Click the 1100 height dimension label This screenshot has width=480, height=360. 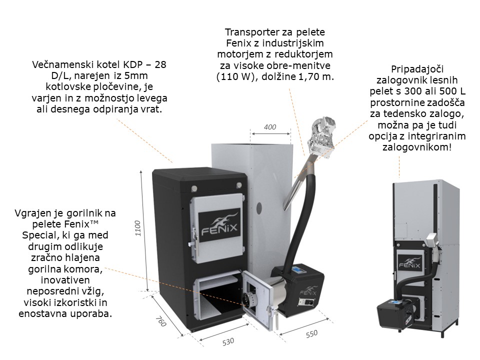[x=138, y=228]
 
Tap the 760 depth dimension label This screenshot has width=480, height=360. [x=160, y=321]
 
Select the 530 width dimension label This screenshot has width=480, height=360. [x=228, y=341]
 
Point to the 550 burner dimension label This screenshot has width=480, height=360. [x=311, y=333]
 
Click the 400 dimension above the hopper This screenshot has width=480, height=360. [x=269, y=126]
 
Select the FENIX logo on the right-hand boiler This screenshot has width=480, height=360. [x=409, y=262]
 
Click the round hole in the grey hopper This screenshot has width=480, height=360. [x=259, y=208]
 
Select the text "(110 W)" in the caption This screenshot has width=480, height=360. [x=235, y=76]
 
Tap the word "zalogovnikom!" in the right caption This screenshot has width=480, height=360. [x=417, y=147]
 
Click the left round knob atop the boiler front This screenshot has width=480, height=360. [x=194, y=187]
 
